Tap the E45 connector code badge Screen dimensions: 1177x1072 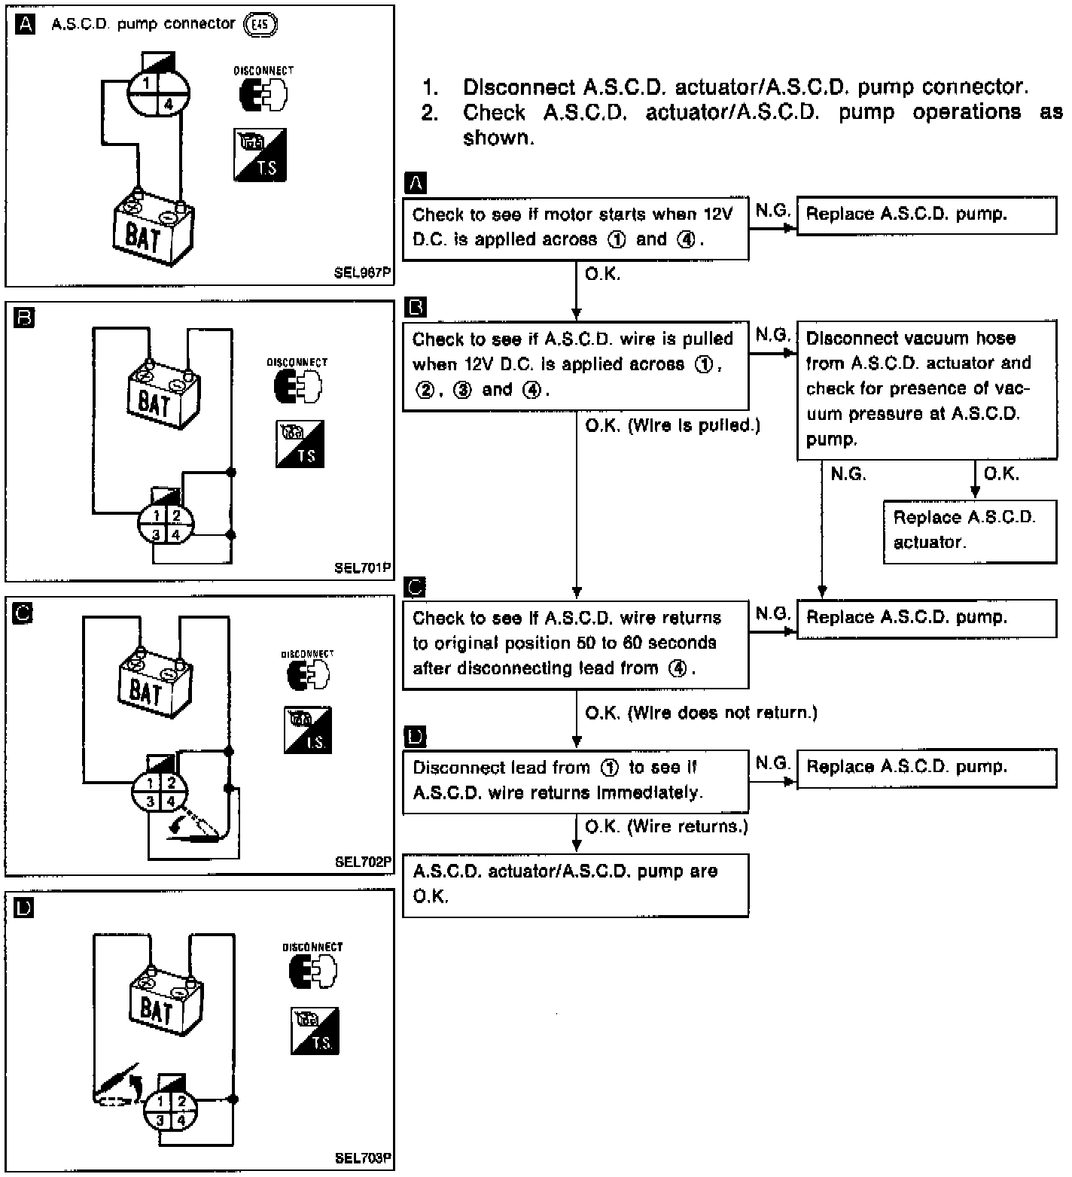point(261,24)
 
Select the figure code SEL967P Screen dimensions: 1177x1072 point(363,274)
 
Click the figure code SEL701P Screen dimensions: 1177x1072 point(363,568)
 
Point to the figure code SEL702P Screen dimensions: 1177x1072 point(363,862)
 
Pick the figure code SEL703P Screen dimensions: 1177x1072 point(363,1159)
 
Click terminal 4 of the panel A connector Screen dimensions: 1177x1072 point(169,105)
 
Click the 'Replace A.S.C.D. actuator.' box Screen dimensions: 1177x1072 point(969,531)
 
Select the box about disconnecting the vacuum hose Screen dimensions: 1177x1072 point(926,389)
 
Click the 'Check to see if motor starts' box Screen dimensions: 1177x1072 point(575,227)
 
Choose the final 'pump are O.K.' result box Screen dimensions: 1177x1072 point(575,884)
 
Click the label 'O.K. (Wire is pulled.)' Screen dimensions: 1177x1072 point(672,426)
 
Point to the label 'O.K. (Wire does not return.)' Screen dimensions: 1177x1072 point(700,713)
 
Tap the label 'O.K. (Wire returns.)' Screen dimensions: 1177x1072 point(666,826)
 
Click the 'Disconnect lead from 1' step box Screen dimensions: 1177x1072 point(575,780)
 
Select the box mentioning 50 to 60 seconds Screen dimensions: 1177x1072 point(575,643)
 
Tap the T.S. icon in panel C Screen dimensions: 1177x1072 point(307,730)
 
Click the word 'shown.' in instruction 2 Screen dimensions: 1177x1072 point(498,138)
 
